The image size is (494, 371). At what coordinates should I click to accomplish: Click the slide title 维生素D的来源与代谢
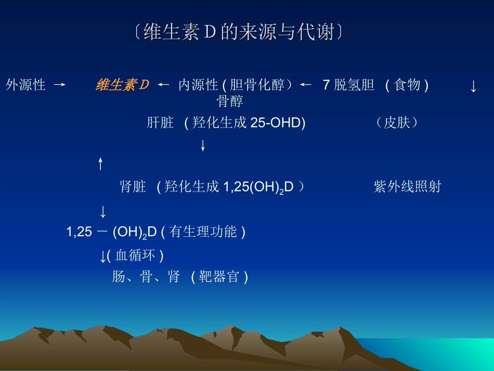click(238, 33)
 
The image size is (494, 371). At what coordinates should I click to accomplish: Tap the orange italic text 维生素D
click(122, 85)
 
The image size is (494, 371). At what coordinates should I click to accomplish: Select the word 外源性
click(26, 85)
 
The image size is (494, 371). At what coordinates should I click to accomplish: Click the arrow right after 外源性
click(59, 85)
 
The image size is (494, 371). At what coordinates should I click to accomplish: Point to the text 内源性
click(198, 85)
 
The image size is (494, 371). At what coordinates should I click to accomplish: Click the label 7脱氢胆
click(348, 85)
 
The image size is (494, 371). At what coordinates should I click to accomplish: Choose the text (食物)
click(407, 85)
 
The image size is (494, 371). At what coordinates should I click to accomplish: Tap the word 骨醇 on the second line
click(230, 101)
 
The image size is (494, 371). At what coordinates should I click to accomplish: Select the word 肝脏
click(160, 123)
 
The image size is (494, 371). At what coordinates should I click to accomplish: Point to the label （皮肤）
click(397, 123)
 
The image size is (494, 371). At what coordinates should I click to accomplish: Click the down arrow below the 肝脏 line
click(203, 146)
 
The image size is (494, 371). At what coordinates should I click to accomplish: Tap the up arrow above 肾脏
click(101, 164)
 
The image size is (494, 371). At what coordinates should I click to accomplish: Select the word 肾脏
click(133, 187)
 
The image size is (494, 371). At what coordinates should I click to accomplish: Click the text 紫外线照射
click(407, 187)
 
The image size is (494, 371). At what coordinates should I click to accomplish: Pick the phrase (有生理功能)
click(203, 232)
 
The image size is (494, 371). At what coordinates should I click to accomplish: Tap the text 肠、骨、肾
click(146, 277)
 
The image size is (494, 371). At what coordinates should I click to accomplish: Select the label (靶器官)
click(219, 277)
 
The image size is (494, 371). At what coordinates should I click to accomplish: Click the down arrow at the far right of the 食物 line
click(473, 86)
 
